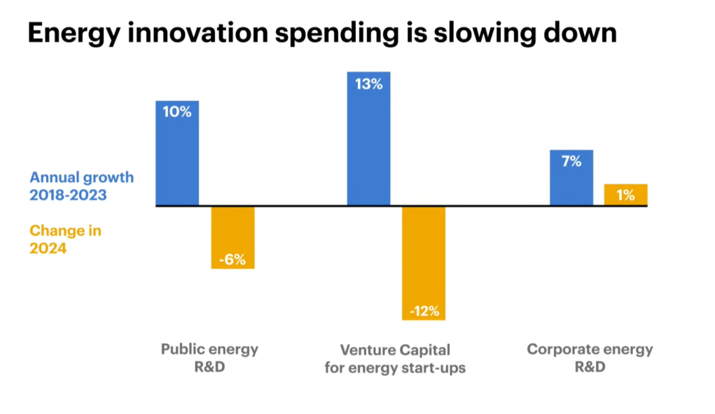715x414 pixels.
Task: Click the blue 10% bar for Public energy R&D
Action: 177,153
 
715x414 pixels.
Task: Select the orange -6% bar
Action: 232,237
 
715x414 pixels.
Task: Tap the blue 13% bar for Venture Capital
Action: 368,139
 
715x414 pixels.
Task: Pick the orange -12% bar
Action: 424,263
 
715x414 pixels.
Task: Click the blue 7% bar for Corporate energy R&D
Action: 571,178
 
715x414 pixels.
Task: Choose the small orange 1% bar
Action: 625,195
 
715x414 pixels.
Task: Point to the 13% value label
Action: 368,84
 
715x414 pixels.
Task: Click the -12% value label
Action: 424,312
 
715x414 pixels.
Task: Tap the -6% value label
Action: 232,260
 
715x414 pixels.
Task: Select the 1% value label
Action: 625,195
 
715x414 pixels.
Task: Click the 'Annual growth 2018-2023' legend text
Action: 82,186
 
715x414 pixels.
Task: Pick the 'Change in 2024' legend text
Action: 65,240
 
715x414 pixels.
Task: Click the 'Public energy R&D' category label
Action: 210,358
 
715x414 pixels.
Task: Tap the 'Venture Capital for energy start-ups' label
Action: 395,359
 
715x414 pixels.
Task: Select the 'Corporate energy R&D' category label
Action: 590,358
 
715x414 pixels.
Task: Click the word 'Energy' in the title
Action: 74,34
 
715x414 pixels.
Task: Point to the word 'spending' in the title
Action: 337,34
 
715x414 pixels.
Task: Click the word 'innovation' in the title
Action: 197,32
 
